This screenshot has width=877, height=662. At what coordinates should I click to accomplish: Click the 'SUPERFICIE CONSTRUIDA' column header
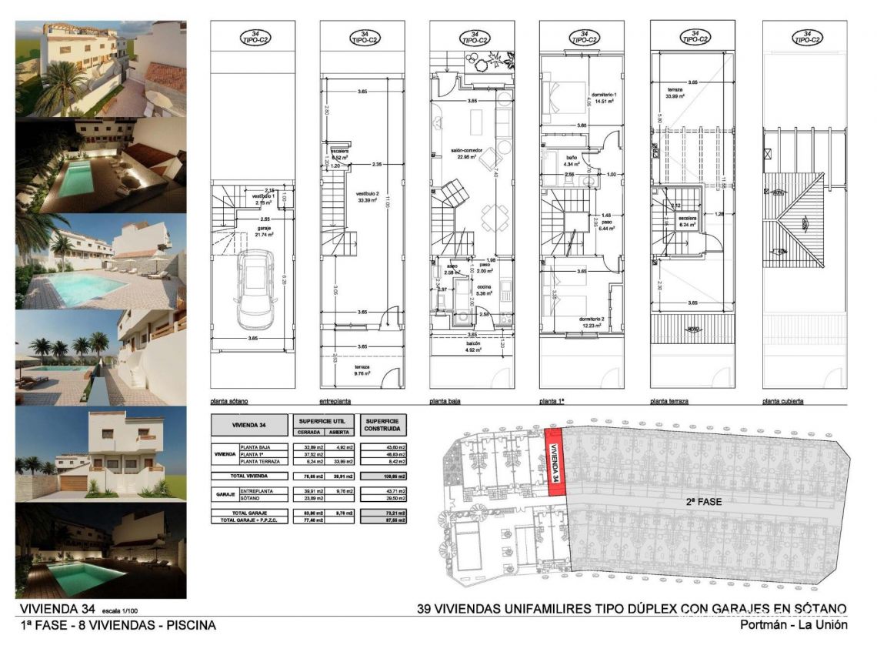[383, 425]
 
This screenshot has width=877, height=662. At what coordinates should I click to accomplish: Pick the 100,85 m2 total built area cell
[383, 476]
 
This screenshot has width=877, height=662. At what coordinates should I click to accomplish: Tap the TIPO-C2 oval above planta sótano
[251, 37]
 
